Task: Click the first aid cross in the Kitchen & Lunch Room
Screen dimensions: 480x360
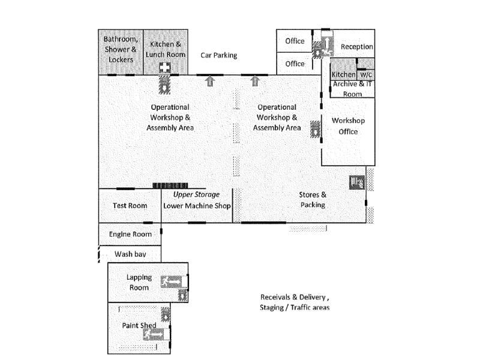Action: [164, 68]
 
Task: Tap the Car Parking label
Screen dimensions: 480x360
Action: [219, 55]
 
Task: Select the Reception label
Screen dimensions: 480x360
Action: [356, 47]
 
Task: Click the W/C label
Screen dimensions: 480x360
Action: [366, 74]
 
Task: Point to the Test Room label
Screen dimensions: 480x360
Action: [130, 206]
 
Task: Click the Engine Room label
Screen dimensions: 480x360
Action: [130, 235]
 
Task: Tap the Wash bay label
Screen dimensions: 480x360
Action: [130, 254]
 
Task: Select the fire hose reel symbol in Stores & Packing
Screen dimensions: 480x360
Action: [357, 183]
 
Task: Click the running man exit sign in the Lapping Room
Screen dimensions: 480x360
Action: [174, 282]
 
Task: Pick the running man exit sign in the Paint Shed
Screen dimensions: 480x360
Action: [156, 334]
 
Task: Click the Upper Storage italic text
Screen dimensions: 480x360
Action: [196, 194]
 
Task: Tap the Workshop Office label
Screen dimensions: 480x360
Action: [349, 126]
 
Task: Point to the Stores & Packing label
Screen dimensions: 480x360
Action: [313, 200]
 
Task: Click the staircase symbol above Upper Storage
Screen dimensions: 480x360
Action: [170, 185]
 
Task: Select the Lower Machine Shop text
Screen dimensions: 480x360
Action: [197, 206]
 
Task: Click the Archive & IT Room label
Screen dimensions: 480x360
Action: [352, 89]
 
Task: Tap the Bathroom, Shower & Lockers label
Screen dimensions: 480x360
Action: [121, 50]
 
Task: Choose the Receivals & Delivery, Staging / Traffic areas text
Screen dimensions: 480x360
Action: [295, 302]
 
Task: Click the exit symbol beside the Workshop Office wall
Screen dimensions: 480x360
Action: [316, 129]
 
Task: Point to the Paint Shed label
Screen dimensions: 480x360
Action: [139, 325]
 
